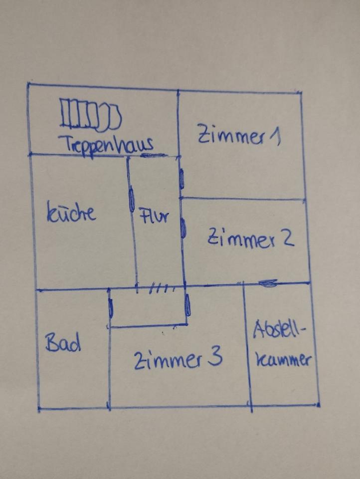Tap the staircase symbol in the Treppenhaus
coord(90,114)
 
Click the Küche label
coord(71,213)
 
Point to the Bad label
coord(63,343)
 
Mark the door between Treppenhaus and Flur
coord(154,155)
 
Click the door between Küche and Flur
coord(132,200)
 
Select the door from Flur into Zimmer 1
coord(181,178)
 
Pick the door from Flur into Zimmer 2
coord(183,228)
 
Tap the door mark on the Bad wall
coord(110,309)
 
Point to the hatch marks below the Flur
coord(162,288)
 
